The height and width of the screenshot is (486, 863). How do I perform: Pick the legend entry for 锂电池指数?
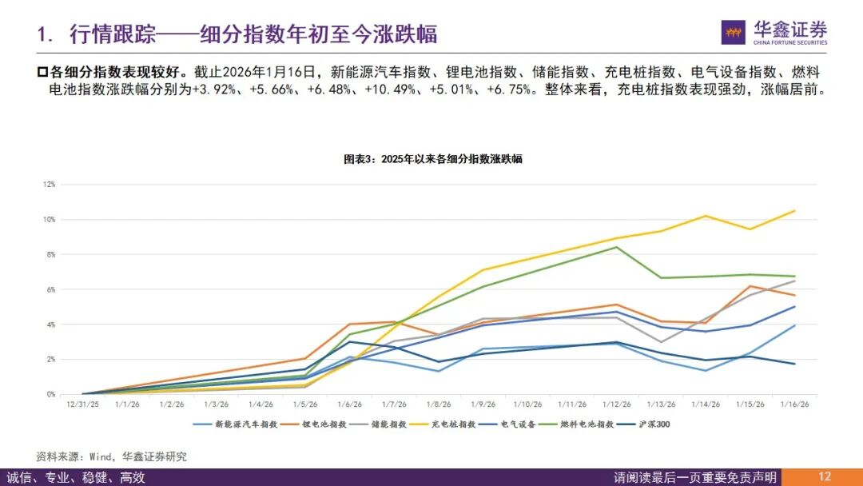click(x=316, y=424)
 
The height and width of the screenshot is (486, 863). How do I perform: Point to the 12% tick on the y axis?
click(x=50, y=185)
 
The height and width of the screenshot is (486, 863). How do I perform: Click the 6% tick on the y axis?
click(x=50, y=289)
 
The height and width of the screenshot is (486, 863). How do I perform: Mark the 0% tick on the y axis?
click(x=50, y=394)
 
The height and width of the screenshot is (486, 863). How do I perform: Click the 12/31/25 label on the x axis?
click(x=82, y=406)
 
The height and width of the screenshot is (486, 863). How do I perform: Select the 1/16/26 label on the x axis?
click(x=793, y=406)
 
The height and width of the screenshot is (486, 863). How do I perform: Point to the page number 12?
click(x=825, y=477)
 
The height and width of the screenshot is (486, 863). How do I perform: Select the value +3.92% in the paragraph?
click(x=214, y=90)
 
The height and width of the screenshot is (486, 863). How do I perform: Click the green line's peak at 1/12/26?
click(x=616, y=247)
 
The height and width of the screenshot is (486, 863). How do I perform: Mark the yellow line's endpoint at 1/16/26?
click(x=793, y=211)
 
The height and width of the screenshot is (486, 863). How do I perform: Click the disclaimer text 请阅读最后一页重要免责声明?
click(x=694, y=477)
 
